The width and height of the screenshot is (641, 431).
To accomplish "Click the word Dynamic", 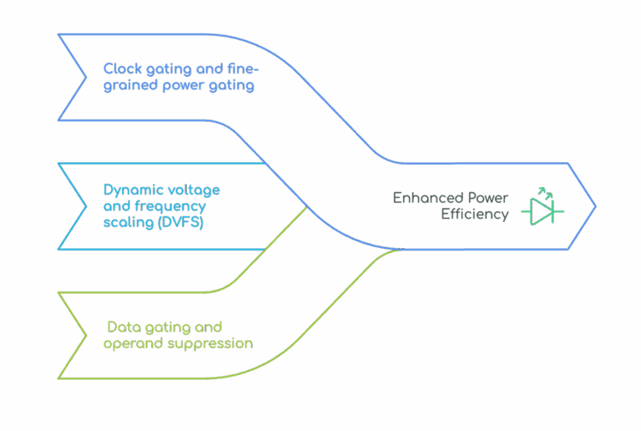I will [x=131, y=190].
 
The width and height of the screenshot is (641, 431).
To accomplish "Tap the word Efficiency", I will [x=475, y=215].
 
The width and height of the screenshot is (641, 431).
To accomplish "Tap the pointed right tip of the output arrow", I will [x=595, y=206].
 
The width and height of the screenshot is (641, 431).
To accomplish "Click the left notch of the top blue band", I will [x=86, y=77].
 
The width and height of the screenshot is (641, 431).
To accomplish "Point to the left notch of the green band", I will [x=86, y=335].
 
